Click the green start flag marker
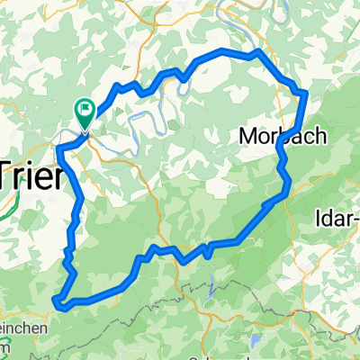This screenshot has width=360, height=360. pyautogui.click(x=85, y=112)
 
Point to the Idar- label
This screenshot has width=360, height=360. pyautogui.click(x=338, y=218)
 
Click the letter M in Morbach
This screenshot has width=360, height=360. pyautogui.click(x=249, y=136)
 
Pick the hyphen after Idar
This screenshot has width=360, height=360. pyautogui.click(x=355, y=219)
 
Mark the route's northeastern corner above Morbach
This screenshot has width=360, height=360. pyautogui.click(x=305, y=92)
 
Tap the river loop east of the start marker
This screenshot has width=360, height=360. pyautogui.click(x=153, y=112)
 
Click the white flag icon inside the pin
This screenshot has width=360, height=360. pyautogui.click(x=85, y=110)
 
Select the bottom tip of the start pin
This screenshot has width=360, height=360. pyautogui.click(x=85, y=129)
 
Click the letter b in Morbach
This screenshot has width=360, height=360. pyautogui.click(x=278, y=136)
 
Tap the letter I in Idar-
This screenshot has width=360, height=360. pyautogui.click(x=321, y=218)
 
